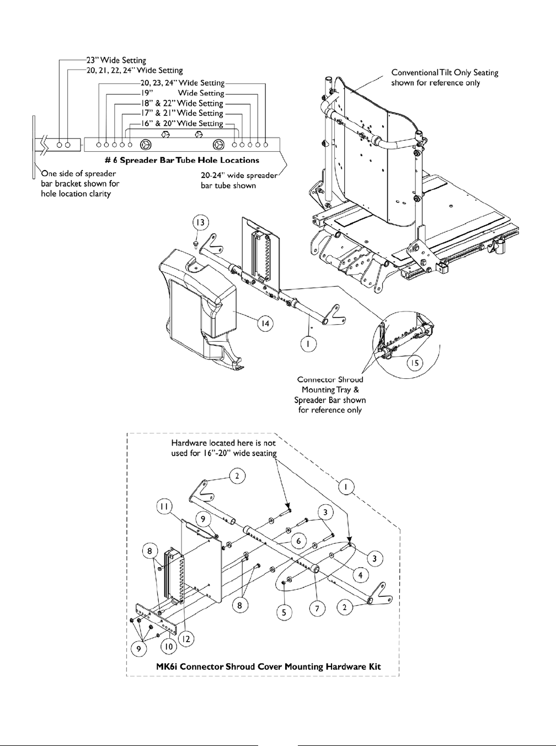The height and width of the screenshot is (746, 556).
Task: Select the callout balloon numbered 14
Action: pyautogui.click(x=266, y=323)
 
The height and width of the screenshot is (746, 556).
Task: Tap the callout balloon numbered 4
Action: pyautogui.click(x=360, y=575)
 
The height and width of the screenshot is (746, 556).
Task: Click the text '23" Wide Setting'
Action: pyautogui.click(x=116, y=60)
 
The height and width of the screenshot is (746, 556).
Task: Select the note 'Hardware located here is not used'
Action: pyautogui.click(x=224, y=447)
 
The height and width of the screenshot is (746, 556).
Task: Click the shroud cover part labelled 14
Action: pyautogui.click(x=199, y=309)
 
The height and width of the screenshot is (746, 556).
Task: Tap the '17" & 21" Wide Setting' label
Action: pyautogui.click(x=181, y=113)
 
